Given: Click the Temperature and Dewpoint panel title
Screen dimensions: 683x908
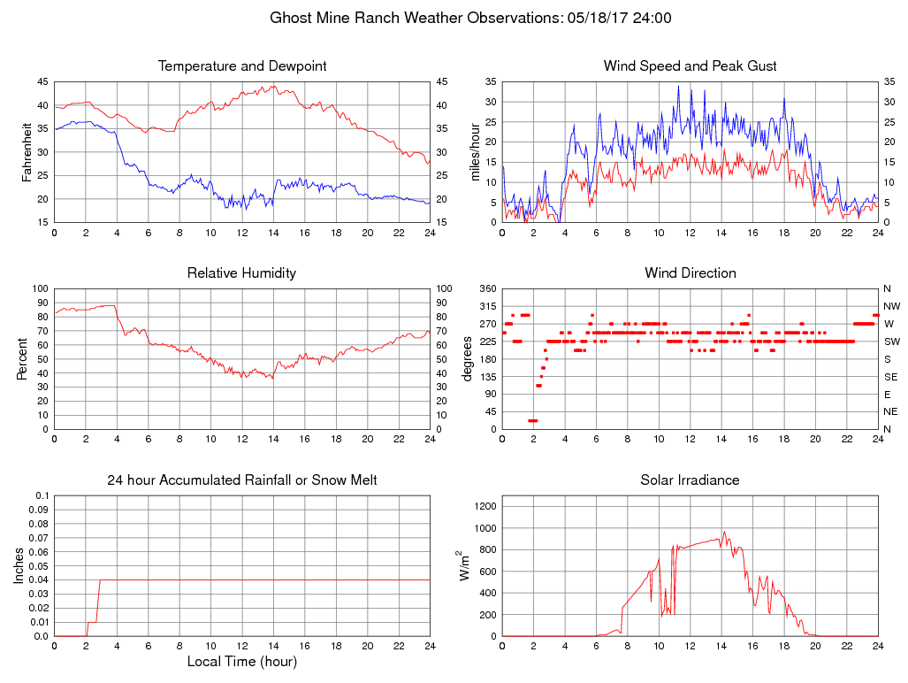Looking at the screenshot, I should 241,66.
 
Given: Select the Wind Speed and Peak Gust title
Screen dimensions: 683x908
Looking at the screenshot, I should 690,66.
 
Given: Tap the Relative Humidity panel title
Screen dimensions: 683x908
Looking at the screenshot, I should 241,273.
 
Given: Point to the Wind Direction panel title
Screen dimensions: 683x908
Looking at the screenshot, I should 690,273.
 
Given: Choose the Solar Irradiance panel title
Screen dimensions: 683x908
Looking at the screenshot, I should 690,480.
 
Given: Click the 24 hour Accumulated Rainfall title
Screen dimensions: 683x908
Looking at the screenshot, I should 241,480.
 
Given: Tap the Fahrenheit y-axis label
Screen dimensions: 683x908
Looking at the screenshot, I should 27,152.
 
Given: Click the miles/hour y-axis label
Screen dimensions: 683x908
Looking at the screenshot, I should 475,152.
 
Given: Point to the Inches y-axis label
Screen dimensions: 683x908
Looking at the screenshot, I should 20,566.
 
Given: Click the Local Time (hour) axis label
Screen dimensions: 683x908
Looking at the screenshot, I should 241,662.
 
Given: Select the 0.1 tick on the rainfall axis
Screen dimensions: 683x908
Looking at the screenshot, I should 41,495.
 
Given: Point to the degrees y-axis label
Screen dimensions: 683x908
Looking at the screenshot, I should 468,359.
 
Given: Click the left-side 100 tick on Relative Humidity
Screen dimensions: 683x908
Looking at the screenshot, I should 39,289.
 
